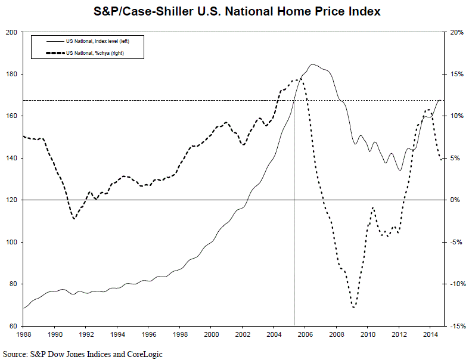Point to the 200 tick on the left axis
click(11, 32)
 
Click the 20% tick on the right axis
click(457, 32)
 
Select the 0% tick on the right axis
click(455, 200)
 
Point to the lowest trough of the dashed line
click(354, 308)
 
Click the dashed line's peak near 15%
click(297, 79)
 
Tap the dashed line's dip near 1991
click(74, 219)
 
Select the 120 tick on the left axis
click(11, 200)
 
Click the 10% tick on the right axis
click(457, 116)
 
